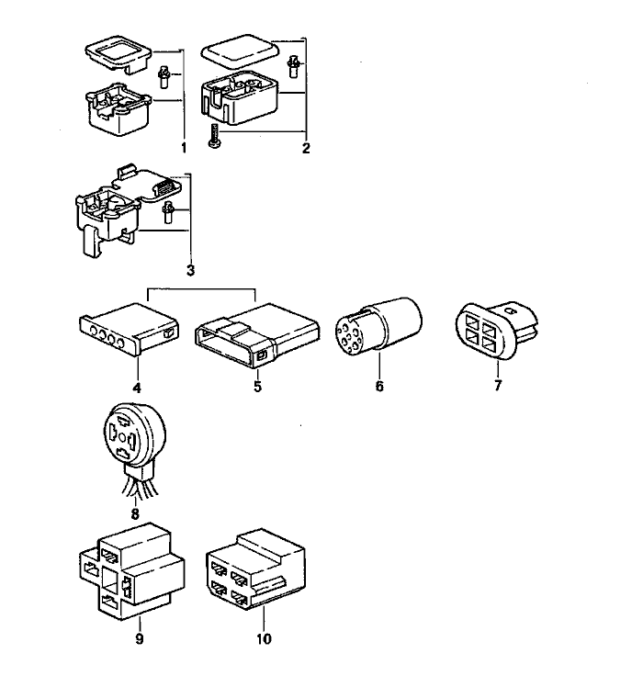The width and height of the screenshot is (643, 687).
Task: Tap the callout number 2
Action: point(306,147)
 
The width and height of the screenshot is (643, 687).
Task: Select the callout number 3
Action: point(190,271)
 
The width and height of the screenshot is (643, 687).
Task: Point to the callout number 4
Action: point(136,388)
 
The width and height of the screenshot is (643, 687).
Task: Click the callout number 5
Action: point(257,388)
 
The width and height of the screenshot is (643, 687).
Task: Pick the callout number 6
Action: point(378,388)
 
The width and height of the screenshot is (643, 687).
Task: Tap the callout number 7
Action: point(498,386)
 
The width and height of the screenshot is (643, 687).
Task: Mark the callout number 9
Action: point(140,639)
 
